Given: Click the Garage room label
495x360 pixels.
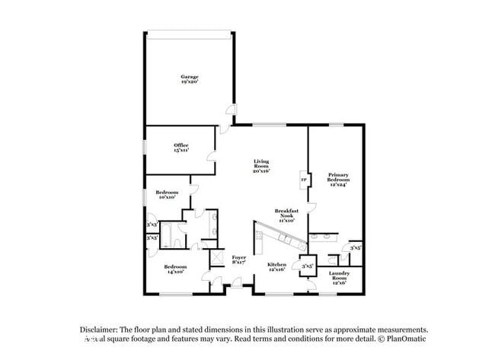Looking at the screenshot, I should click(x=189, y=79).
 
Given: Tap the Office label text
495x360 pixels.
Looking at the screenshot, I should click(x=180, y=148).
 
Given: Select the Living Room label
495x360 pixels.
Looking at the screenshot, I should click(x=261, y=167).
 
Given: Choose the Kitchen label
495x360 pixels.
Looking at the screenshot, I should click(x=276, y=267).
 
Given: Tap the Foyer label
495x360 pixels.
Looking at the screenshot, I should click(x=239, y=261).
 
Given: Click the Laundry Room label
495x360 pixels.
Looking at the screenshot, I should click(x=339, y=276).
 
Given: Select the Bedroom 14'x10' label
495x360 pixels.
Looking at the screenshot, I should click(x=176, y=269).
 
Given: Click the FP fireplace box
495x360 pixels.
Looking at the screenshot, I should click(x=303, y=180).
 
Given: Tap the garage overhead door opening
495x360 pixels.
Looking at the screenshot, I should click(x=189, y=32).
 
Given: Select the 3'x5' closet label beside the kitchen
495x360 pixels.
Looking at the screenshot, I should click(x=308, y=266).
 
